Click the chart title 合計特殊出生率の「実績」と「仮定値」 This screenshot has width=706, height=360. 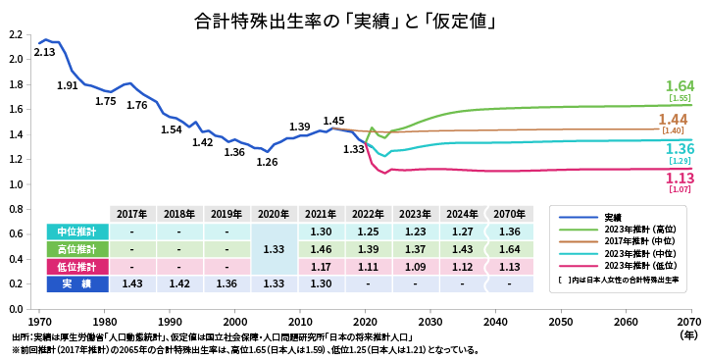pyautogui.click(x=343, y=20)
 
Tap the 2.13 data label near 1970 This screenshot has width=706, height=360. pyautogui.click(x=44, y=52)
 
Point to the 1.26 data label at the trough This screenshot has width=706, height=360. pyautogui.click(x=267, y=162)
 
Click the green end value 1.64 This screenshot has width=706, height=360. pyautogui.click(x=680, y=86)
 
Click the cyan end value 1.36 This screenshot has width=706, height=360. pyautogui.click(x=680, y=149)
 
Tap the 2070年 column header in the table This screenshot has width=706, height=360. pyautogui.click(x=509, y=214)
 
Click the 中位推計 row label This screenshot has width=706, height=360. pyautogui.click(x=76, y=231)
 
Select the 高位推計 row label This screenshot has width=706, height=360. pyautogui.click(x=76, y=249)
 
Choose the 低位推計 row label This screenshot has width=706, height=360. pyautogui.click(x=76, y=267)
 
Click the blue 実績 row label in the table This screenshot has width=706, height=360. pyautogui.click(x=76, y=284)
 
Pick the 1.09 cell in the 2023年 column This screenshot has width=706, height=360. pyautogui.click(x=415, y=267)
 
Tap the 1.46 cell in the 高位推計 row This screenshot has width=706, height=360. pyautogui.click(x=321, y=249)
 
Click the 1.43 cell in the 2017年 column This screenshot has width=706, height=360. pyautogui.click(x=131, y=284)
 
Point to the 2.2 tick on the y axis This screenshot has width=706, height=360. pyautogui.click(x=15, y=34)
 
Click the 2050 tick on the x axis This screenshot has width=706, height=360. pyautogui.click(x=560, y=322)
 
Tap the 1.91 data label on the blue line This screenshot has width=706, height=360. pyautogui.click(x=67, y=86)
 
